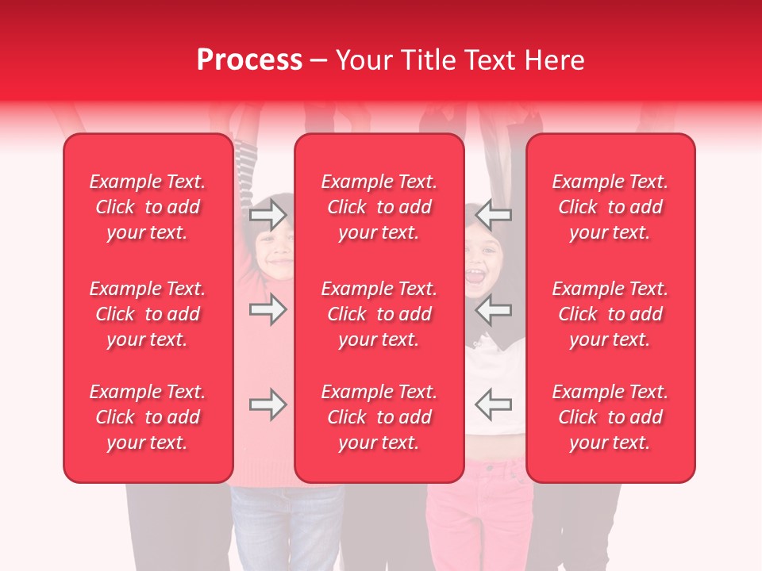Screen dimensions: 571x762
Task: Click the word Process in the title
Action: coord(249,60)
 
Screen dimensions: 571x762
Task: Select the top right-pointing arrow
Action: coord(268,215)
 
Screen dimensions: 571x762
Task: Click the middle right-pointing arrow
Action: coord(268,309)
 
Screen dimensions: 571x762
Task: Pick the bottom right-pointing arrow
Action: coord(268,404)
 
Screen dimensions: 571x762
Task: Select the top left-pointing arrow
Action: coord(493,215)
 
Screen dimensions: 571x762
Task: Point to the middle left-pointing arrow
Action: coord(493,309)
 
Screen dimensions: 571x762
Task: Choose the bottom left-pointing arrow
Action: coord(493,404)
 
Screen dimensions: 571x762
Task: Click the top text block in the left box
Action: coord(148,207)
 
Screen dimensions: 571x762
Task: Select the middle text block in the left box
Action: coord(148,314)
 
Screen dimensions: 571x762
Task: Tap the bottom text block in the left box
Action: coord(148,417)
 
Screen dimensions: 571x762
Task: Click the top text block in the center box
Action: coord(379,207)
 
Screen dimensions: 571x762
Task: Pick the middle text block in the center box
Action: coord(379,314)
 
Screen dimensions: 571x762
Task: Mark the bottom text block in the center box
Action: coord(379,417)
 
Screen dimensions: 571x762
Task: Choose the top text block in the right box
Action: coord(610,207)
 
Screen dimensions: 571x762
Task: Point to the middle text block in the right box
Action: coord(610,314)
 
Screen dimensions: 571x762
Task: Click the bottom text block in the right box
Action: coord(610,417)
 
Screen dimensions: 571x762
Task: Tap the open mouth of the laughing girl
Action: coord(475,278)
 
